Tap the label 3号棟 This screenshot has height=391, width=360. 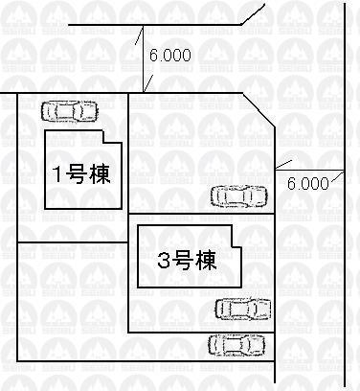(x=186, y=258)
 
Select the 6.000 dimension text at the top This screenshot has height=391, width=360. (x=170, y=56)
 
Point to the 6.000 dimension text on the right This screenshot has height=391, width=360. (x=308, y=182)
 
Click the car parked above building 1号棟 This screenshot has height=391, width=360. (x=69, y=111)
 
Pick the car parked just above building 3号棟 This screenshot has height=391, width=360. (x=240, y=196)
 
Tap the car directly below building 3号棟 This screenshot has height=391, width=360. (x=243, y=309)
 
